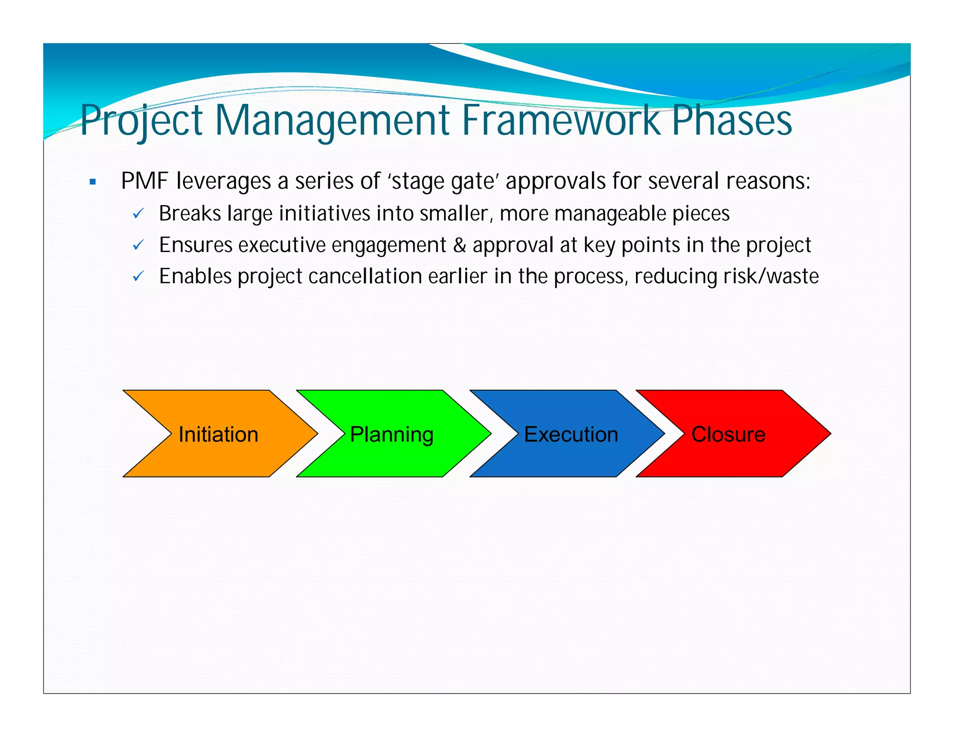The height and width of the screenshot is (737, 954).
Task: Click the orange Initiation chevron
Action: [x=218, y=434]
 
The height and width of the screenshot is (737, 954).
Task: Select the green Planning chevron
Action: [x=392, y=434]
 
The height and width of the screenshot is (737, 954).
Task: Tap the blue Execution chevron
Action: [x=571, y=434]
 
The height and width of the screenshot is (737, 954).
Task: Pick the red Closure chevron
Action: [x=728, y=434]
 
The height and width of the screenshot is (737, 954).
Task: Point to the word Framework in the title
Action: [x=561, y=120]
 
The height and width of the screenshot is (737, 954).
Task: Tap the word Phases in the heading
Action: [x=732, y=120]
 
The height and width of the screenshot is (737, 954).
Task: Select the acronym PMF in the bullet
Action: [x=144, y=181]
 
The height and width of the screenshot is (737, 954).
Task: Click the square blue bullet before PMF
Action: [x=93, y=182]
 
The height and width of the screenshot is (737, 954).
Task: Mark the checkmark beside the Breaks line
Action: [x=138, y=214]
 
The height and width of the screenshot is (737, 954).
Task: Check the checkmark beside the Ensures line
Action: [x=138, y=245]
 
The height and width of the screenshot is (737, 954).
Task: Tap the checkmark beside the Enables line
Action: [x=138, y=276]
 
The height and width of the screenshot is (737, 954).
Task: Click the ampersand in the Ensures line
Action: [x=459, y=246]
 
